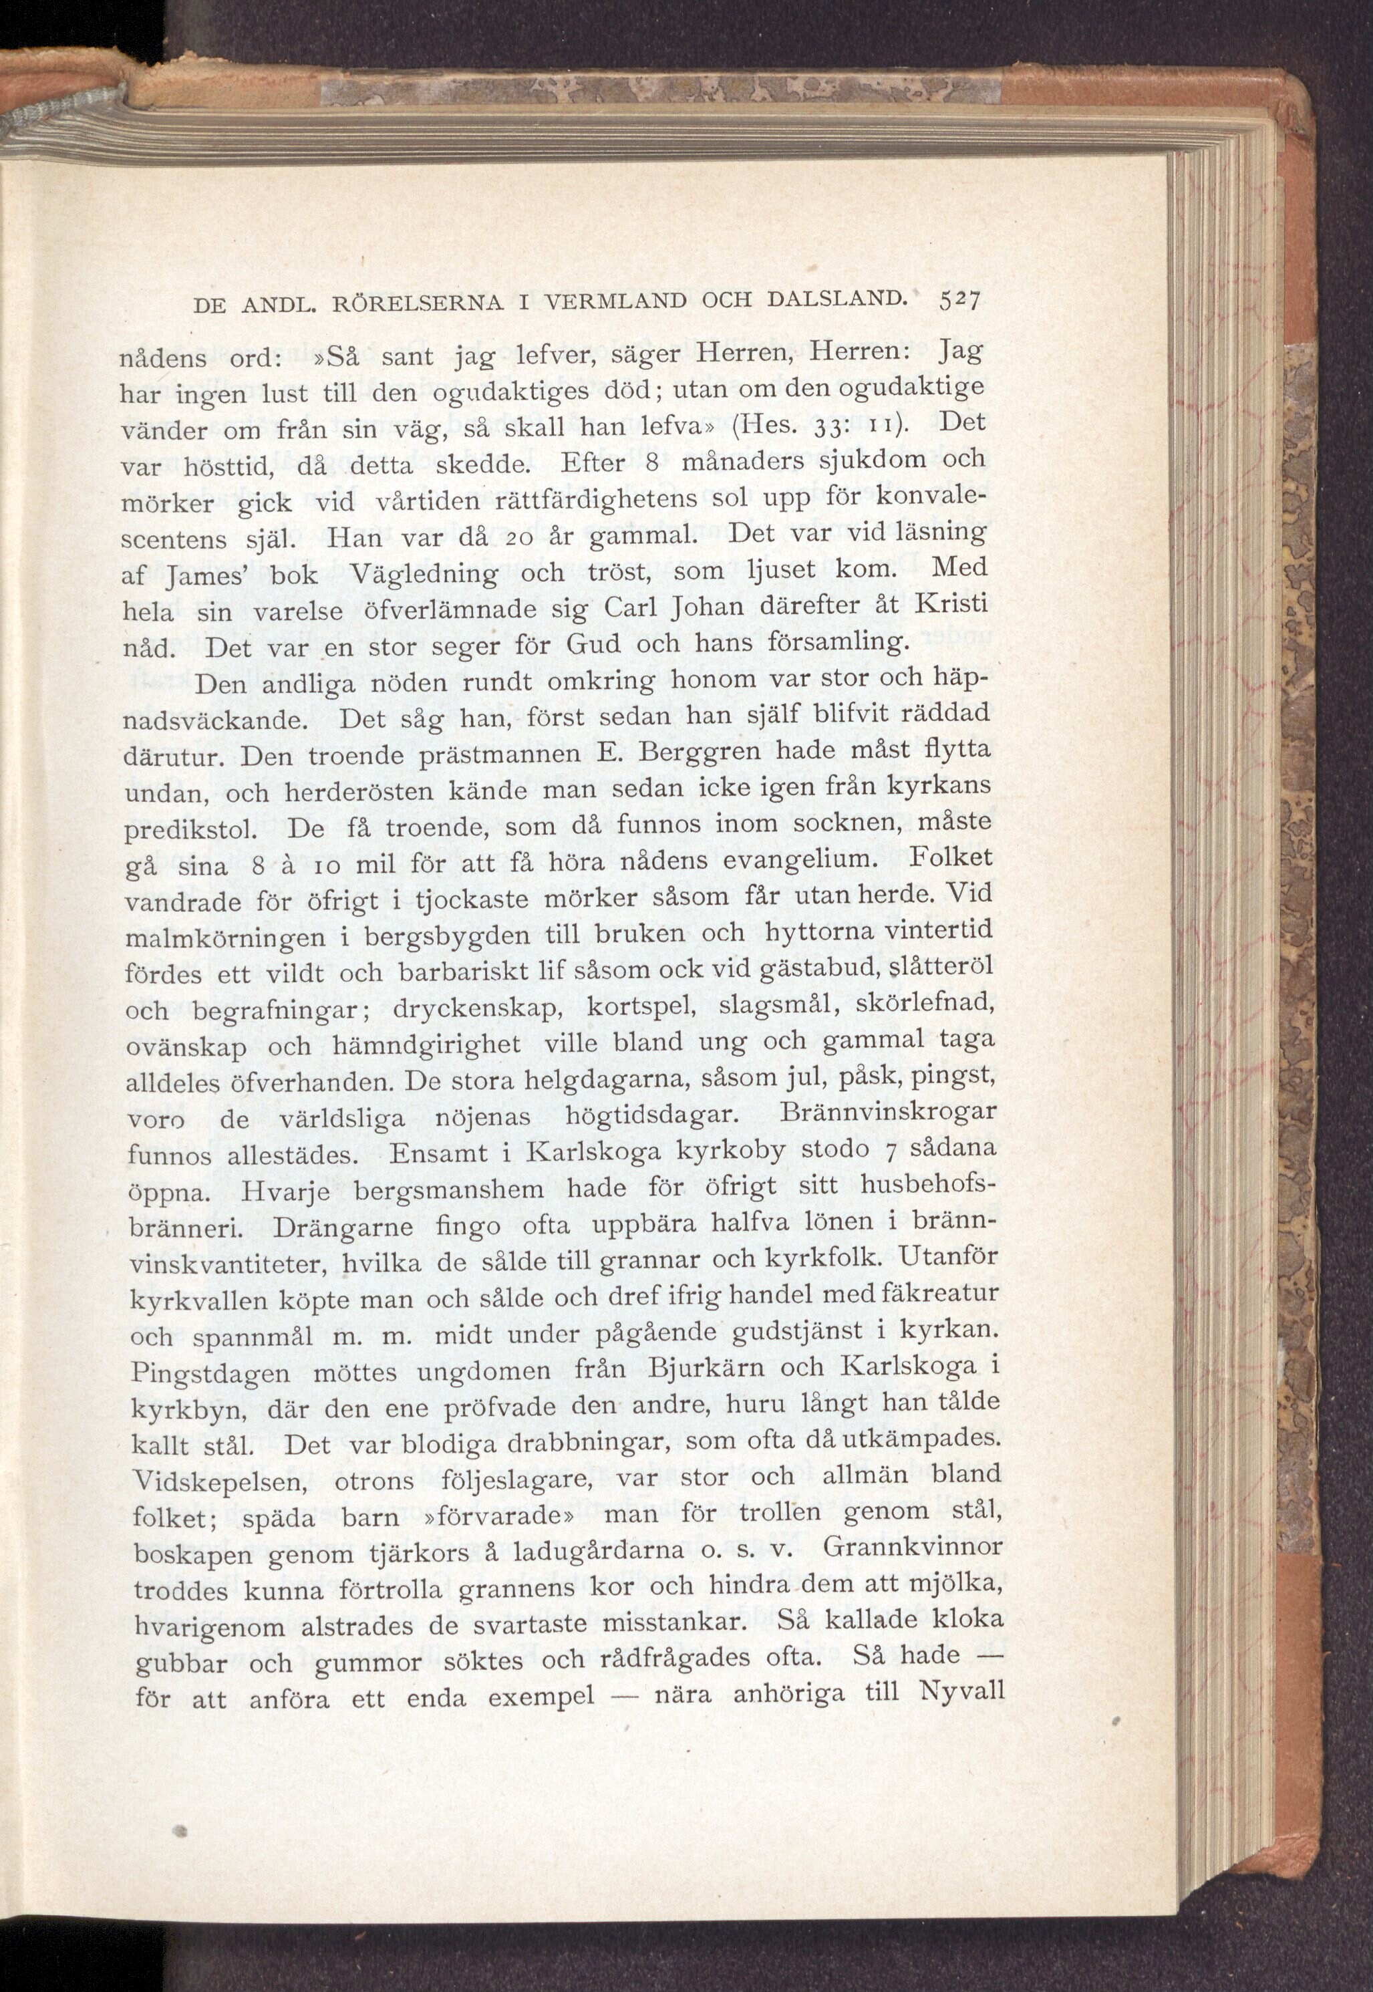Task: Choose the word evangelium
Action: click(x=804, y=861)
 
